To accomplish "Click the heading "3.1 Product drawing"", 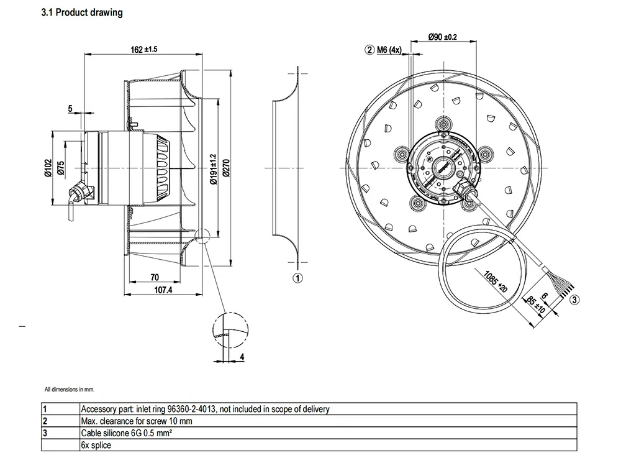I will click(x=81, y=12).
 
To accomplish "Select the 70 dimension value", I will click(x=155, y=278).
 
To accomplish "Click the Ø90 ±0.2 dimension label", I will click(x=443, y=37).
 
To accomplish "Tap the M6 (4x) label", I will click(x=391, y=50).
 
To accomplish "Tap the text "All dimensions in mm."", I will click(x=69, y=390).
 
